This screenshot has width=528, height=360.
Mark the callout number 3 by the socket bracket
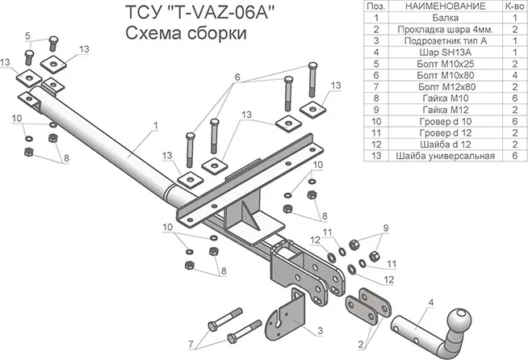(x=321, y=331)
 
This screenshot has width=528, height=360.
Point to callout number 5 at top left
(x=27, y=36)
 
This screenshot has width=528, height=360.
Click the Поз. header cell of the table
(x=352, y=6)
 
